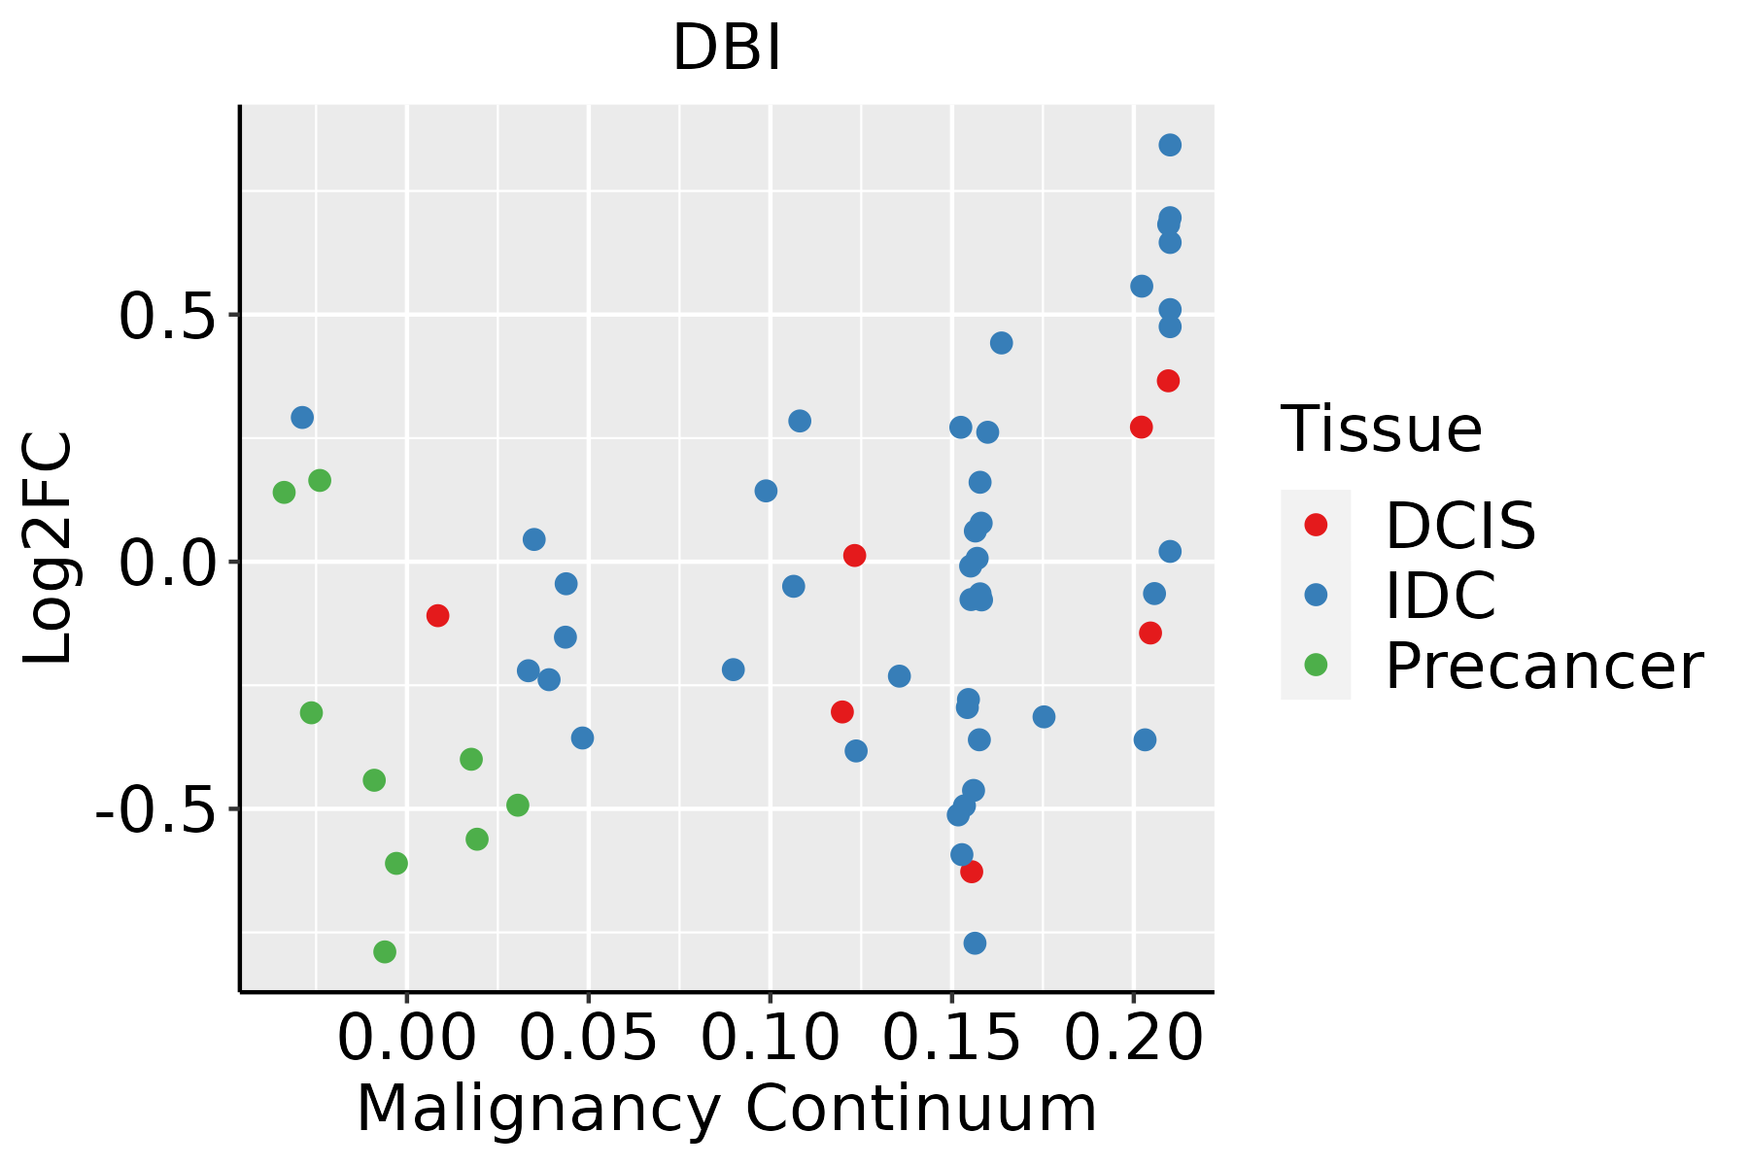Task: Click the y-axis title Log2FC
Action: (49, 549)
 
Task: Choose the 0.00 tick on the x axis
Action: (406, 1038)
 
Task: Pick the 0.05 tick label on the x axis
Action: (588, 1038)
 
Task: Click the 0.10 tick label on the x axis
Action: (770, 1038)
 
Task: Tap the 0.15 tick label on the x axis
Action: (951, 1038)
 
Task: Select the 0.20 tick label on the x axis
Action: (1133, 1038)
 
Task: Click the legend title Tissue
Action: (1381, 429)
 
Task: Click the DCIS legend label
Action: (1459, 526)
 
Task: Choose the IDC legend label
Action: (1440, 596)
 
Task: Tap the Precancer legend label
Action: (1543, 666)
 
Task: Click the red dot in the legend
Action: (1316, 525)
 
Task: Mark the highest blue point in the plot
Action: (1170, 145)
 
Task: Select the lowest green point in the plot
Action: (385, 951)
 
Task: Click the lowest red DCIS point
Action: (972, 872)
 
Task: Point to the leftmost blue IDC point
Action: (302, 418)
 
